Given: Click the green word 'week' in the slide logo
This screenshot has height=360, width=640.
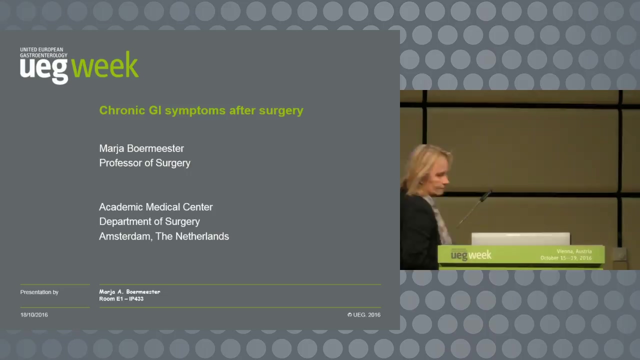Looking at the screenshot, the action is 105,65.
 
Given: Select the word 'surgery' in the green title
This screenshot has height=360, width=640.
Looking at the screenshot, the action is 281,111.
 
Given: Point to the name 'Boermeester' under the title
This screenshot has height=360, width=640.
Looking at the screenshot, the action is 155,148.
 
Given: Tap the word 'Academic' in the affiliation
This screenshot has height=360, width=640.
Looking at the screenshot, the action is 121,207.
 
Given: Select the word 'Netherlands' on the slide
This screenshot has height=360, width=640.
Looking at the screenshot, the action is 202,236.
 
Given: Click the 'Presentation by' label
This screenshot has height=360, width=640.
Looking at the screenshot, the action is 39,292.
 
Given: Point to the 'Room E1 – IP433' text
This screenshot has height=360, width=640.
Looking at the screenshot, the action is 121,299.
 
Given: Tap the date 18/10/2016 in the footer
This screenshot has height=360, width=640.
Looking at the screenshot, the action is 34,315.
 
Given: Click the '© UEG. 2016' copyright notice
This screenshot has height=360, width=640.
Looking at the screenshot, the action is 364,315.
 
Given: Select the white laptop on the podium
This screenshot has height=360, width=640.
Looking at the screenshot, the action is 520,239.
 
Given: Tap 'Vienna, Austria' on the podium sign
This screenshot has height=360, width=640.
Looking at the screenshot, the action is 574,251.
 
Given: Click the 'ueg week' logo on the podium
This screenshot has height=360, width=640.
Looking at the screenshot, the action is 471,255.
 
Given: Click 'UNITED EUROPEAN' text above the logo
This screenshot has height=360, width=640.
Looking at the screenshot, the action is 41,49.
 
